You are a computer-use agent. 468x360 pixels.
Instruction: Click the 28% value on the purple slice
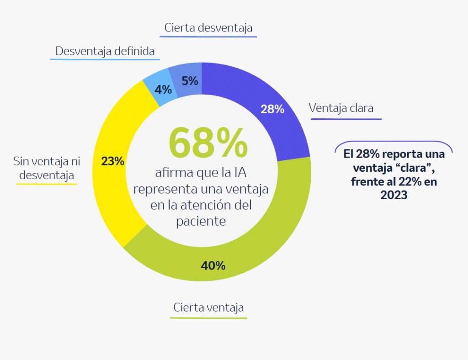[x=272, y=109]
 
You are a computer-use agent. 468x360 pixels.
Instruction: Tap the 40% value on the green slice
[x=213, y=265]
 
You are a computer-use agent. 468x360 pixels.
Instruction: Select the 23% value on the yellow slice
[x=112, y=161]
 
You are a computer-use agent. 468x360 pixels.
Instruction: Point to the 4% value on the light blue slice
[x=163, y=89]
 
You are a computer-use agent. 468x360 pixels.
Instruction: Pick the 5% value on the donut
[x=190, y=81]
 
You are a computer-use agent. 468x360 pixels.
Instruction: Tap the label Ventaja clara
[x=341, y=108]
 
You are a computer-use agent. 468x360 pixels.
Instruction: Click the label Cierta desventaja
[x=208, y=28]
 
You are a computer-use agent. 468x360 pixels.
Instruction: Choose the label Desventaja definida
[x=105, y=51]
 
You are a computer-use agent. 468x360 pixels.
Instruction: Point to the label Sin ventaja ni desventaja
[x=46, y=168]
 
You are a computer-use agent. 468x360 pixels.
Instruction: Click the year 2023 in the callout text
[x=394, y=195]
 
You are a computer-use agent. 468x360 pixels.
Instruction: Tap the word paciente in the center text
[x=201, y=221]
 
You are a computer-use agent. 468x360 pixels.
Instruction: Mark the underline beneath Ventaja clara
[x=346, y=119]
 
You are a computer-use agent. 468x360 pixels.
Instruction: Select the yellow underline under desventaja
[x=46, y=184]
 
